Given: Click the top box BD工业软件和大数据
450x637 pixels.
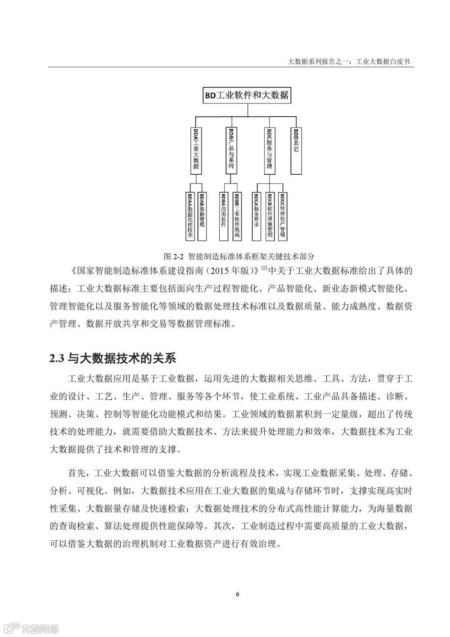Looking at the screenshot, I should (x=246, y=95).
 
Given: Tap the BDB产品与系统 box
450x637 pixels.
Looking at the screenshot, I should (x=232, y=150).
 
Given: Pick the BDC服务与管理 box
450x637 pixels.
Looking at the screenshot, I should (x=270, y=150).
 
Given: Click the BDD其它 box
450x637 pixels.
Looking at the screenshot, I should (x=296, y=150).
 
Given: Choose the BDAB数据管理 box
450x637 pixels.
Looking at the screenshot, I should (x=202, y=216).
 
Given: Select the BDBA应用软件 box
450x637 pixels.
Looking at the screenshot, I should (x=224, y=216).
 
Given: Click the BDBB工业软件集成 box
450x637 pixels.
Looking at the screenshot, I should (x=236, y=216).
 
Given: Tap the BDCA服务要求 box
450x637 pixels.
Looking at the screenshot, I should (x=257, y=216).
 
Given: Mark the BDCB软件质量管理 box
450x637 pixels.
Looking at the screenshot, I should (x=270, y=216).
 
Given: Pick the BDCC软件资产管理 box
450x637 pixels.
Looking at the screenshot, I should (x=282, y=216).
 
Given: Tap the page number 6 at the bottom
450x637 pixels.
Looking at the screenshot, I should (x=237, y=594).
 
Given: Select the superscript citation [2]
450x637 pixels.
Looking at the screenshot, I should (x=264, y=268).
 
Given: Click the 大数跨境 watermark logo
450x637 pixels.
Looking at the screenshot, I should (x=31, y=628).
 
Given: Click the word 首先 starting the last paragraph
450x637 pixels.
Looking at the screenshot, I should (x=77, y=473).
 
